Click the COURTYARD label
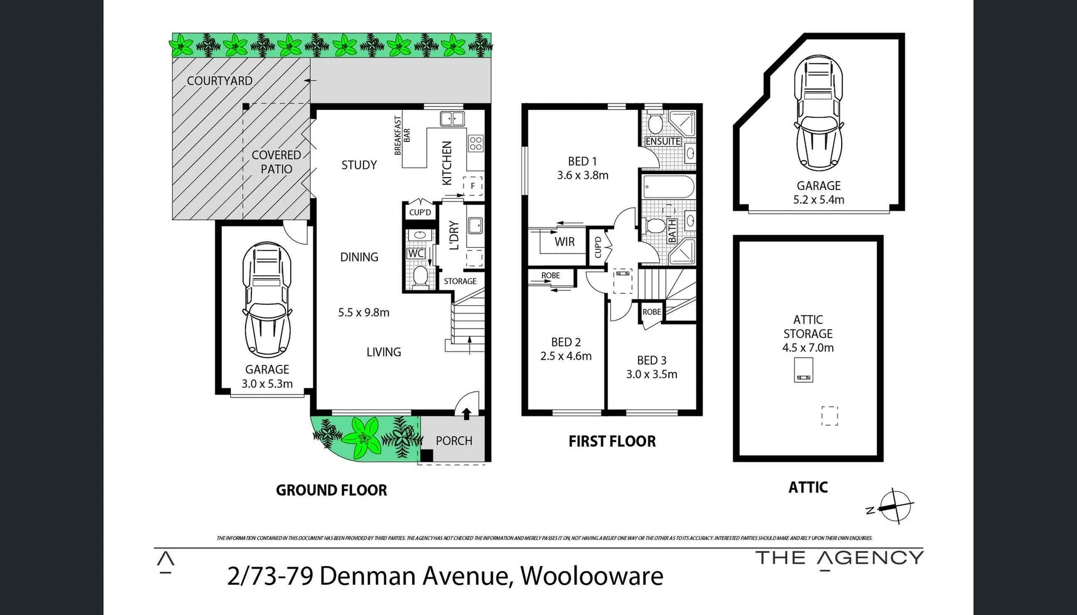click(x=219, y=81)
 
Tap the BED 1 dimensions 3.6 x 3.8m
click(x=582, y=175)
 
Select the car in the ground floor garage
click(x=267, y=300)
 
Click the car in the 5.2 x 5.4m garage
click(x=819, y=113)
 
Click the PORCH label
click(x=454, y=441)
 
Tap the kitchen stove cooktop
click(x=476, y=143)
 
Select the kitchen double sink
click(x=452, y=119)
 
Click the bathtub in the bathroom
click(x=667, y=186)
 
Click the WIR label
click(x=564, y=242)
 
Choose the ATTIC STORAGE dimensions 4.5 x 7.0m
click(x=807, y=348)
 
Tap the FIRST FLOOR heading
click(x=612, y=441)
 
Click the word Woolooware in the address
click(x=591, y=576)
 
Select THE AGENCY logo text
click(x=839, y=557)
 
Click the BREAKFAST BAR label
click(x=402, y=136)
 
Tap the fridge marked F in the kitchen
click(x=472, y=186)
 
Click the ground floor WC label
click(x=415, y=253)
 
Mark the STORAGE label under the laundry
click(x=460, y=281)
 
